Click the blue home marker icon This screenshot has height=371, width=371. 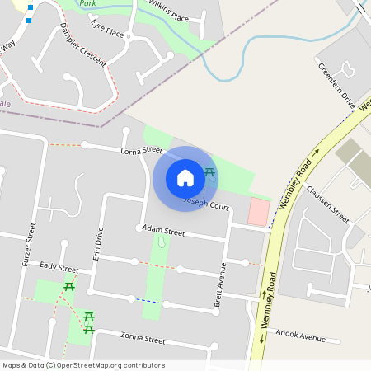[x=185, y=178]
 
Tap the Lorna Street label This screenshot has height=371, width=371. [x=141, y=151]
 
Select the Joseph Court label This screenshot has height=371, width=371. [x=206, y=203]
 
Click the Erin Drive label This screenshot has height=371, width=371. [x=99, y=243]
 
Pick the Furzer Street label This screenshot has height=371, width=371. [x=30, y=246]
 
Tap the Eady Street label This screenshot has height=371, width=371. [x=59, y=268]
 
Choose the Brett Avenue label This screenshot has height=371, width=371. [x=221, y=283]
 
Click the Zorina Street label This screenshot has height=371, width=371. [x=143, y=340]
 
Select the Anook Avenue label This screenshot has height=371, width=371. [x=302, y=336]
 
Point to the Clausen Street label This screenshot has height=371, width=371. [x=328, y=204]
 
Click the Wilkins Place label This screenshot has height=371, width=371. [x=168, y=12]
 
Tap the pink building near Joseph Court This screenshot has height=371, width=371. [x=258, y=212]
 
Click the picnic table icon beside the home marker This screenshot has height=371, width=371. [x=209, y=173]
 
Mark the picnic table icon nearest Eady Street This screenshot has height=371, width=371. [x=69, y=287]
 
